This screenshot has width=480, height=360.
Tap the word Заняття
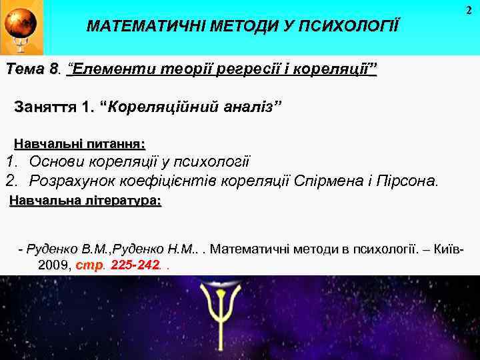tap(45, 107)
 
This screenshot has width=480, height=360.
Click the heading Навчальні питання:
tap(79, 143)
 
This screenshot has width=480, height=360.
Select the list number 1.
tap(11, 161)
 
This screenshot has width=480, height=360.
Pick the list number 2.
tap(11, 181)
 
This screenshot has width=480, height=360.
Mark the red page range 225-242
tap(135, 265)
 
